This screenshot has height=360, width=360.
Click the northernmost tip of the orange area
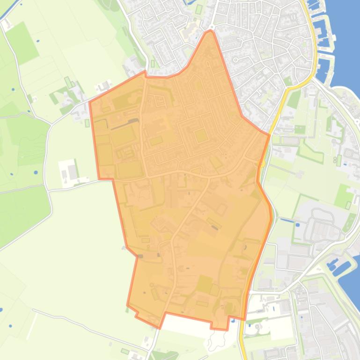pyautogui.click(x=210, y=31)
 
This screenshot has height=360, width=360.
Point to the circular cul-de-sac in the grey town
pyautogui.click(x=235, y=60)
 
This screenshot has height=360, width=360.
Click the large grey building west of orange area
pyautogui.click(x=73, y=172)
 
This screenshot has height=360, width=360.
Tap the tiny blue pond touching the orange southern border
pyautogui.click(x=233, y=321)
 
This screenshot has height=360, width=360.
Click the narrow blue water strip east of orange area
pyautogui.click(x=287, y=220)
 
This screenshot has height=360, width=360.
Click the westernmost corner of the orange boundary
pyautogui.click(x=89, y=101)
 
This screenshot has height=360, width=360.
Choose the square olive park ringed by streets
pyautogui.click(x=201, y=136)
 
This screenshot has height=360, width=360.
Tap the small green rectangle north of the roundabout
pyautogui.click(x=198, y=9)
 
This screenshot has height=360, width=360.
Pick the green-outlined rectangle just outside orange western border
pyautogui.click(x=88, y=123)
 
